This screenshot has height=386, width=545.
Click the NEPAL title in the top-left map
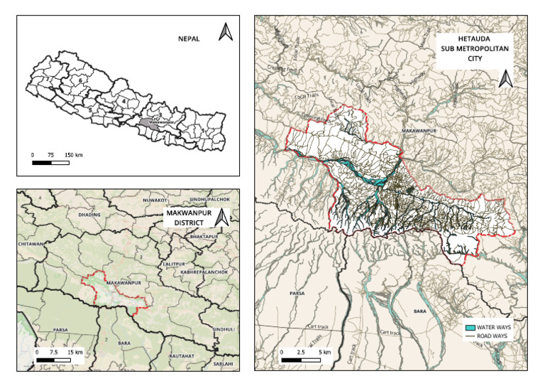(x=190, y=41)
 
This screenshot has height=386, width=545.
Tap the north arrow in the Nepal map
(x=225, y=33)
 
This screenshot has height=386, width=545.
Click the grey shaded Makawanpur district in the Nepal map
(x=146, y=122)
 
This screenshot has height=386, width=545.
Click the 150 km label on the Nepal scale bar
(x=74, y=154)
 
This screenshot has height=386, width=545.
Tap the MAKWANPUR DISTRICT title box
(x=184, y=217)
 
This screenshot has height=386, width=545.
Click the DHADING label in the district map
(x=72, y=213)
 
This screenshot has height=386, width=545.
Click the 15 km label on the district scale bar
(x=75, y=352)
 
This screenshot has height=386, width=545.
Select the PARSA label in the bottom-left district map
(x=60, y=330)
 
